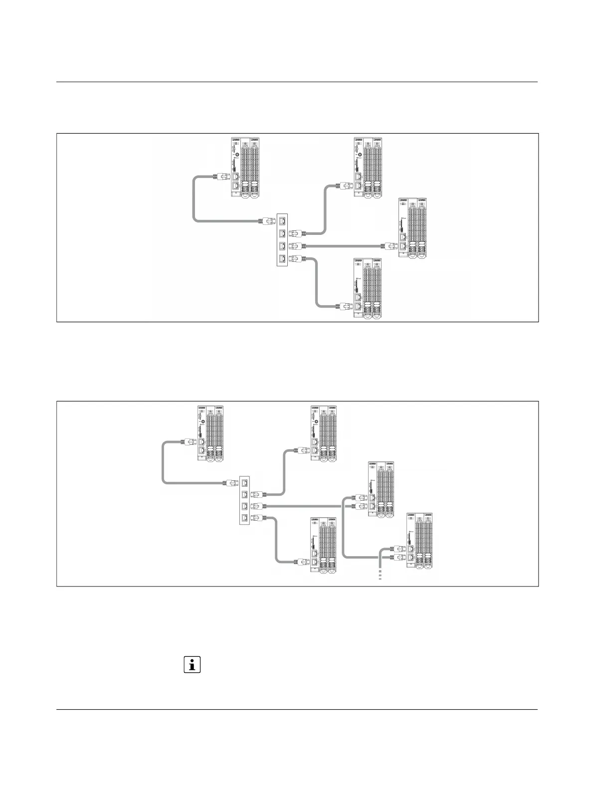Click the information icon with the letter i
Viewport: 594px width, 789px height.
pos(192,664)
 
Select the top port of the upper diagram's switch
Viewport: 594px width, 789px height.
pos(283,220)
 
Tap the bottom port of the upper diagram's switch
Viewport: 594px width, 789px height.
pos(283,258)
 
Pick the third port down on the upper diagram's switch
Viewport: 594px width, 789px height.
pos(283,246)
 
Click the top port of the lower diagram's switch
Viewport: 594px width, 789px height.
pos(245,482)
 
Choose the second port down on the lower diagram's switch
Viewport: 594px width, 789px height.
pos(245,495)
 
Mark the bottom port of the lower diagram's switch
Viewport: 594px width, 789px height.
pos(245,518)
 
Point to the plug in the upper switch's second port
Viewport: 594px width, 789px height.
pos(298,233)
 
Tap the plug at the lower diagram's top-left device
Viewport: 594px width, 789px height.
pos(188,441)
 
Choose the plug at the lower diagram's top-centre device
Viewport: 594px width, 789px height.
pos(302,450)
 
